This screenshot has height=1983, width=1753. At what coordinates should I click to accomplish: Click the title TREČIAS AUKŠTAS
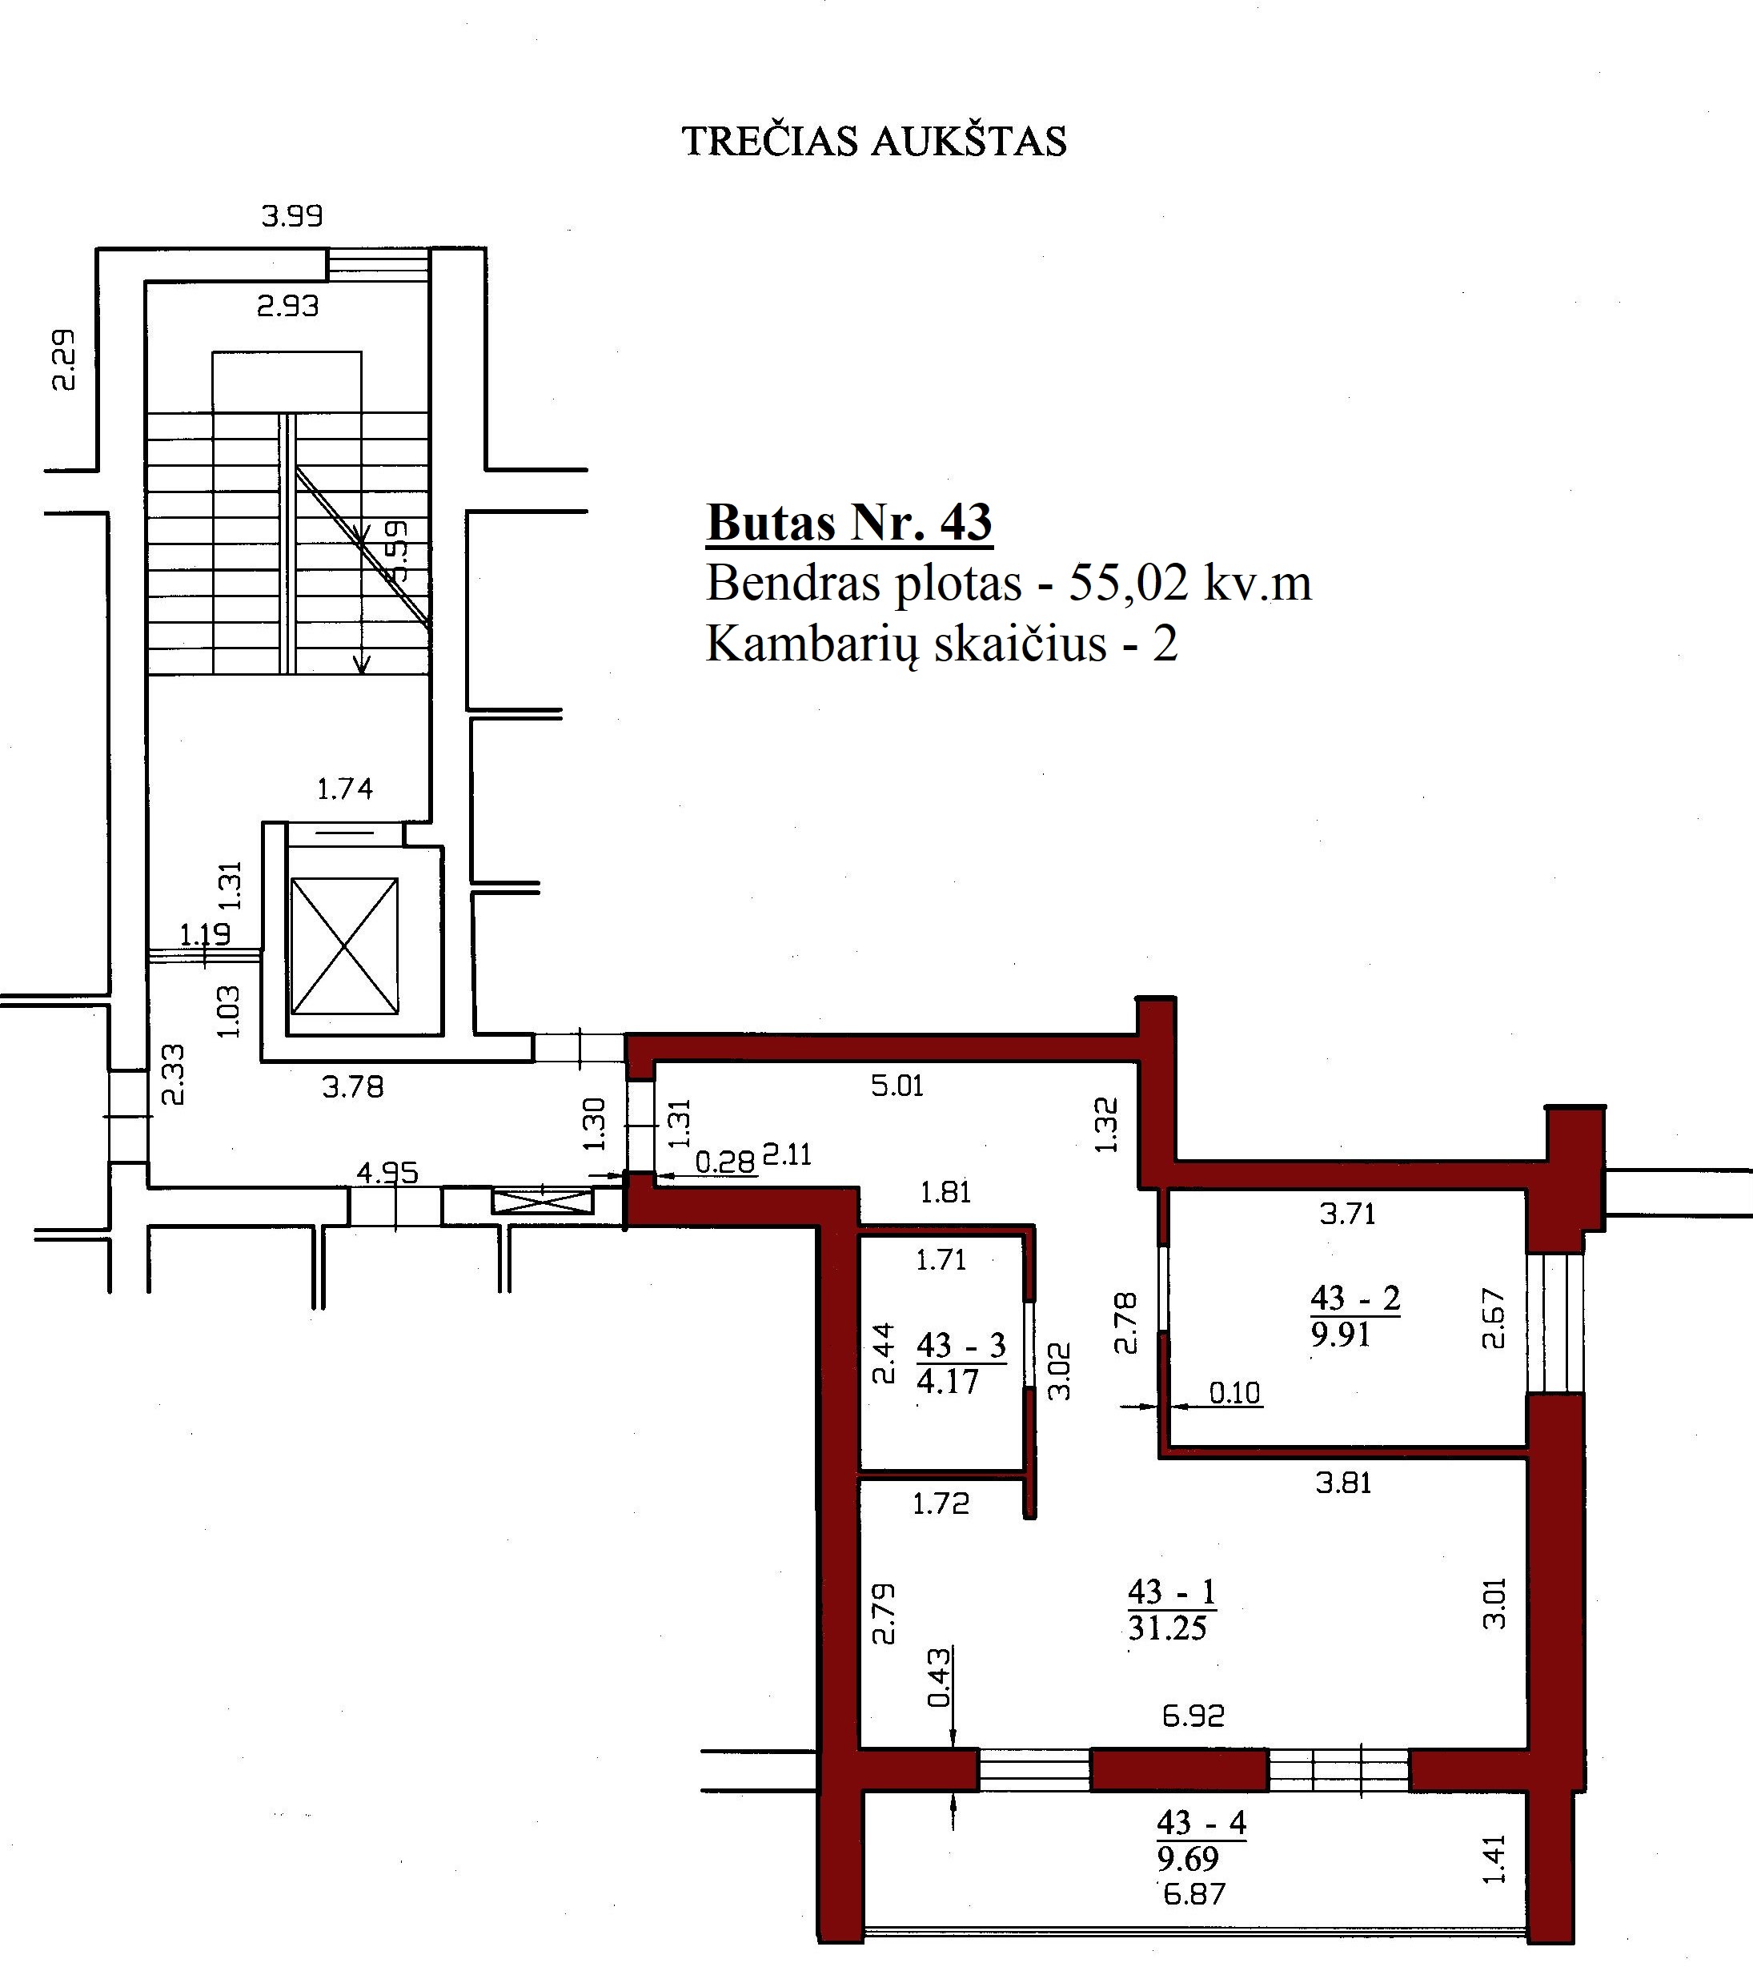point(874,142)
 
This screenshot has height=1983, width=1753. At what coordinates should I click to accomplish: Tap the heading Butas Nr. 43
point(848,522)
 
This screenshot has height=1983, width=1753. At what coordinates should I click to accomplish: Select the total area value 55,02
point(1126,583)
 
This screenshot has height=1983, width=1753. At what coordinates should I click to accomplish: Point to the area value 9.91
point(1341,1335)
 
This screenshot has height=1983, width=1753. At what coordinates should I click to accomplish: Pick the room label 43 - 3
point(961,1346)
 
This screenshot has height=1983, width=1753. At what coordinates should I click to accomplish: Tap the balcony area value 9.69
point(1187,1859)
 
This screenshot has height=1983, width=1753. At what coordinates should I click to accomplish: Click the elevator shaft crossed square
point(344,946)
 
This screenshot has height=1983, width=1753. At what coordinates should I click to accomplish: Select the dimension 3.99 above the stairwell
point(292,215)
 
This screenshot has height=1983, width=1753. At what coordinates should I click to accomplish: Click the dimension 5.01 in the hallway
point(897,1085)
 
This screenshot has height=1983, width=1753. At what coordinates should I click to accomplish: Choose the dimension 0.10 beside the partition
point(1234,1393)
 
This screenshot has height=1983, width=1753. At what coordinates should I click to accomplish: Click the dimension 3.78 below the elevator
point(353,1086)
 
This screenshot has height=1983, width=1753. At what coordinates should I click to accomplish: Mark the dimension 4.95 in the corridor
point(387,1173)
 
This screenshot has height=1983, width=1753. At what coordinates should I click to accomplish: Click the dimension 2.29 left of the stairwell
point(63,359)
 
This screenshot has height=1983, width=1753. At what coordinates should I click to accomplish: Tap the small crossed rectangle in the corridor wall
point(542,1202)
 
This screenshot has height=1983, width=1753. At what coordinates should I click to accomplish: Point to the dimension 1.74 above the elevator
point(344,789)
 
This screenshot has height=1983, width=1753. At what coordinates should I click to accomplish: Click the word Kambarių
point(811,643)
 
